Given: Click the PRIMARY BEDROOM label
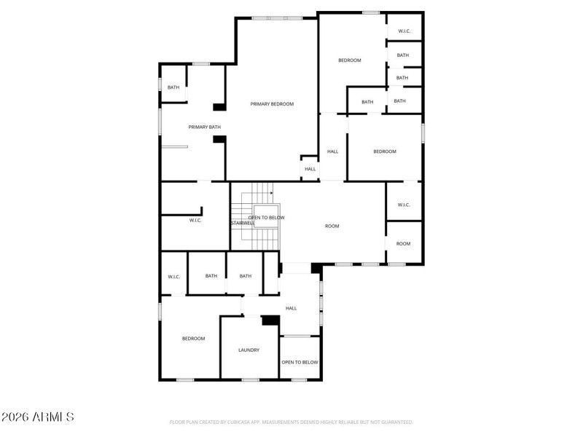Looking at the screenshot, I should (272, 104).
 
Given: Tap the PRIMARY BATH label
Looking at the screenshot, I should (204, 127).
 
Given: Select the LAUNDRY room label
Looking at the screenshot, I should (249, 350).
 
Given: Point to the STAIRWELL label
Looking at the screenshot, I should (242, 223).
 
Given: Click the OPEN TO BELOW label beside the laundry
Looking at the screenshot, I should (300, 362).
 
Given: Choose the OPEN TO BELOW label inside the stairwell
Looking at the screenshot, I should (267, 218).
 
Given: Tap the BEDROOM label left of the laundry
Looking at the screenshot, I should (193, 338).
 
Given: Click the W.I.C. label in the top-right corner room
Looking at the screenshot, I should (404, 31).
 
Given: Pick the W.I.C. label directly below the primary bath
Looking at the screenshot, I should (195, 220).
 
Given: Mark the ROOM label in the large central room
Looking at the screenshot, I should (332, 227).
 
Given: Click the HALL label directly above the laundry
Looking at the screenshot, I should (291, 308).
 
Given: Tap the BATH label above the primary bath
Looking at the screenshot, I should (173, 87).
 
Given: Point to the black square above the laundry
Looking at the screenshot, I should (270, 320).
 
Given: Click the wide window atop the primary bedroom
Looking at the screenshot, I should (277, 17).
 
